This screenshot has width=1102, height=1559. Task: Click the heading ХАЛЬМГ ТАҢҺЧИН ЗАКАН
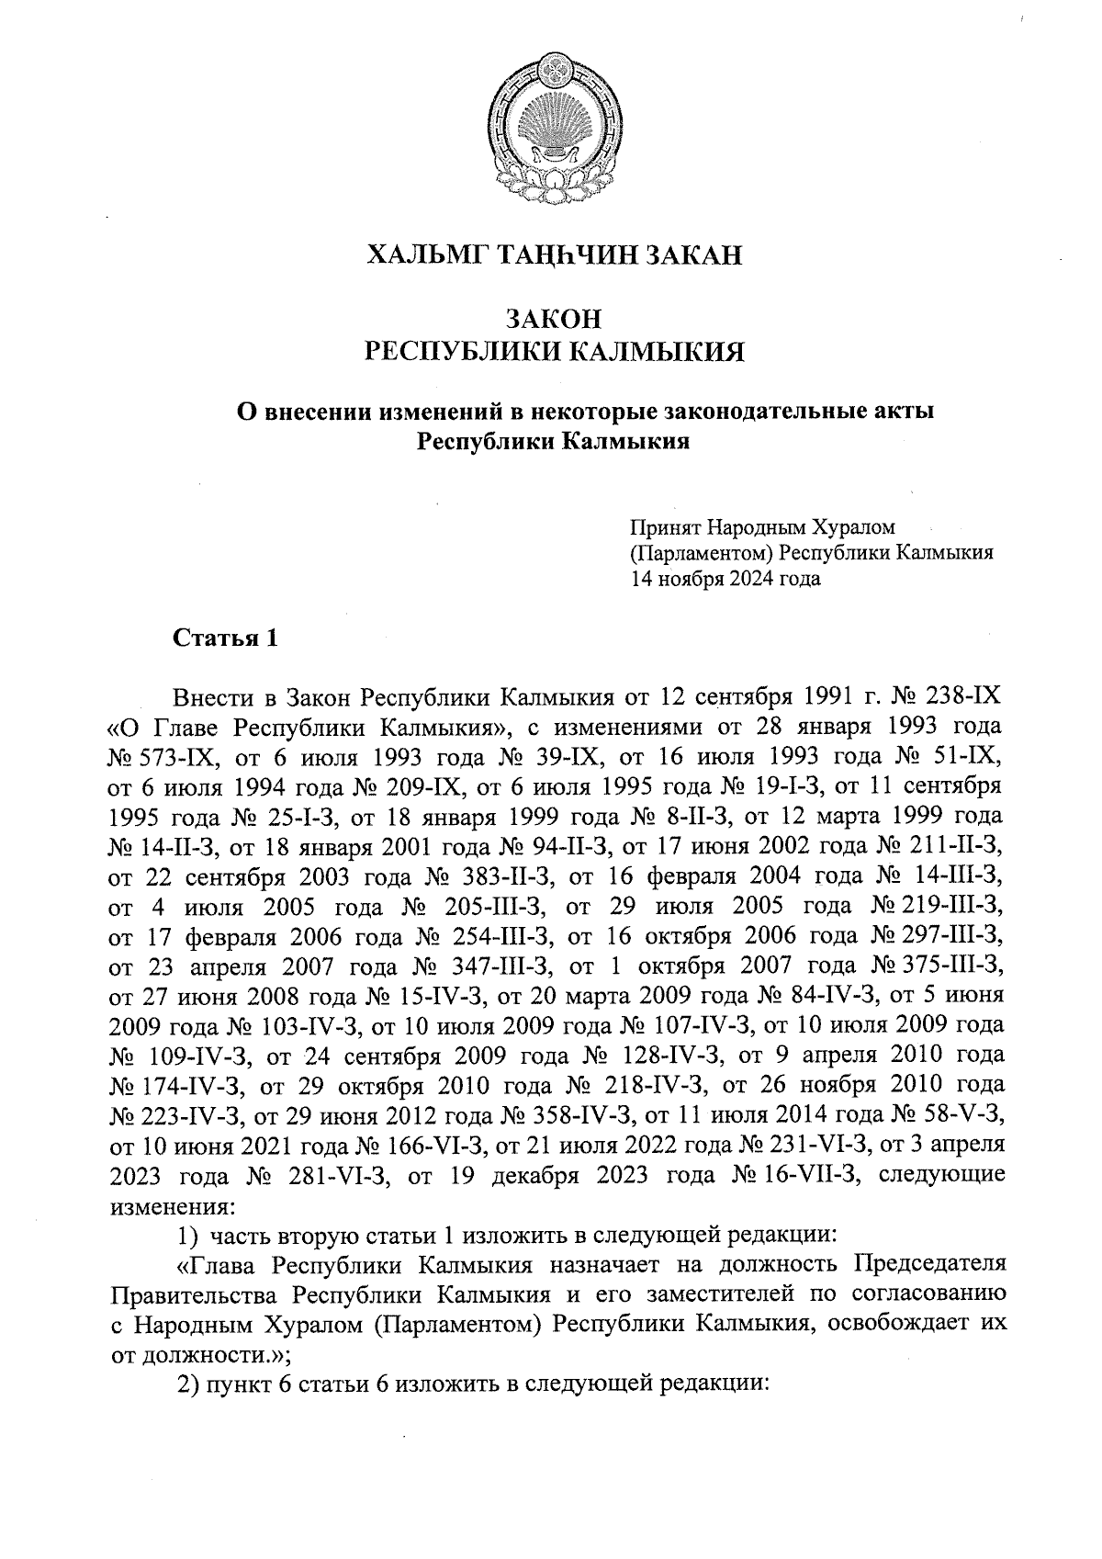(x=554, y=254)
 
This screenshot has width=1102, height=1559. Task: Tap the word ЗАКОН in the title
(x=554, y=319)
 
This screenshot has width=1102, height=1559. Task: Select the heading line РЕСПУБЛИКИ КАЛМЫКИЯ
(x=554, y=352)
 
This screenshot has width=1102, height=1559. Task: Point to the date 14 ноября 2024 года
(x=725, y=579)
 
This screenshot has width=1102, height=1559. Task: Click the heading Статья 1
(x=225, y=638)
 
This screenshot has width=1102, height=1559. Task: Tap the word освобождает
(x=896, y=1325)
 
